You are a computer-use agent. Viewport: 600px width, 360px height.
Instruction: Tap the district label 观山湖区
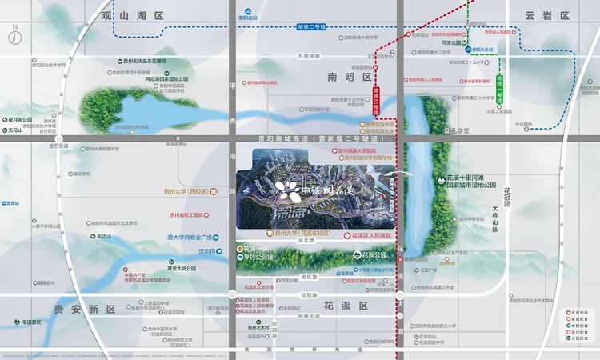(x=134, y=15)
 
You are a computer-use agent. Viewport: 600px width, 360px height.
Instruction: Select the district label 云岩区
(x=546, y=15)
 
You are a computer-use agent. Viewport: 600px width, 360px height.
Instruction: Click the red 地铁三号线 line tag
(x=378, y=100)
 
